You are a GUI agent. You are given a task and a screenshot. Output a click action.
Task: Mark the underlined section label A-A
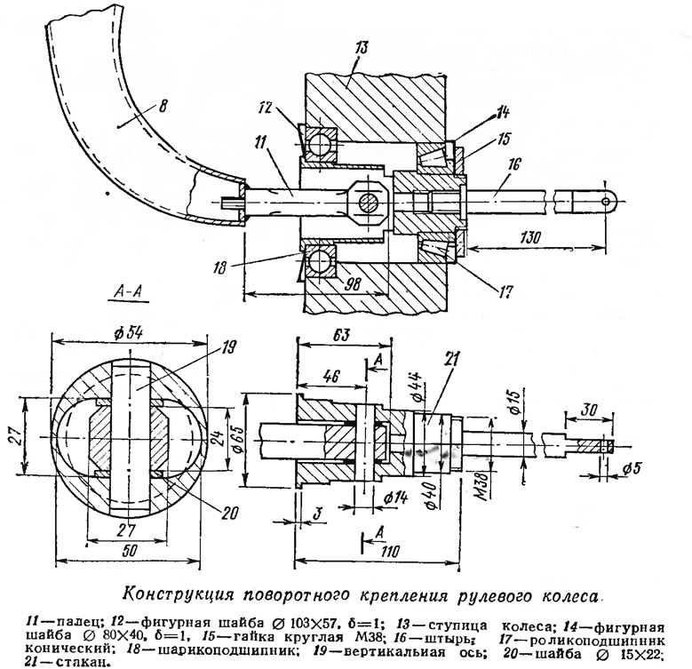pyautogui.click(x=131, y=289)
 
